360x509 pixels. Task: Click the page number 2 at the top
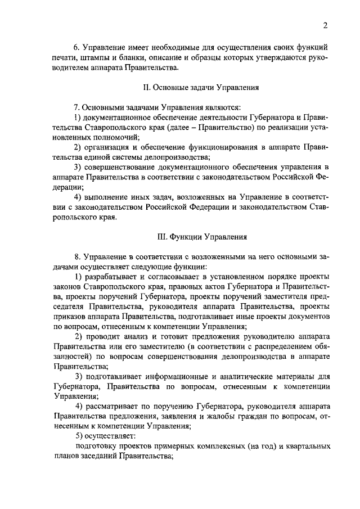325,24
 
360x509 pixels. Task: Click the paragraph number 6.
78,47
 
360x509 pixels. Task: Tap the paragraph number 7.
78,107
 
